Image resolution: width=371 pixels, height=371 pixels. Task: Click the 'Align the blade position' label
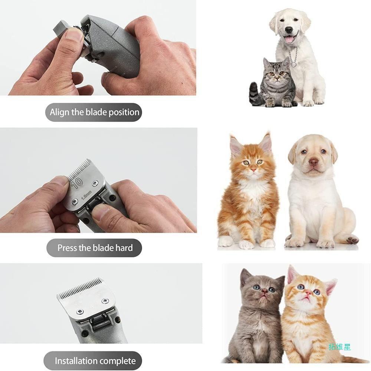[x=95, y=112]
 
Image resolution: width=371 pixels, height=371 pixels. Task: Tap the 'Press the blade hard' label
[x=95, y=248]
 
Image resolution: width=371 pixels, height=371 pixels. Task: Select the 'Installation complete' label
[x=95, y=361]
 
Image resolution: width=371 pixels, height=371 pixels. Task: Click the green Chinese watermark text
[x=339, y=347]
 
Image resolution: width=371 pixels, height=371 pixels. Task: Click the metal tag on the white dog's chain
[x=294, y=63]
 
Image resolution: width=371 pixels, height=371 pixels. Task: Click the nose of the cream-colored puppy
[x=314, y=162]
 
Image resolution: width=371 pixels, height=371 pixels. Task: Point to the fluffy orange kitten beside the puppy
[x=249, y=193]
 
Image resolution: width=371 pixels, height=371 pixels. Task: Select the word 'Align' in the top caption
[x=59, y=112]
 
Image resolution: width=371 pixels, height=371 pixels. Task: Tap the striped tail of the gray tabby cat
[x=255, y=95]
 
